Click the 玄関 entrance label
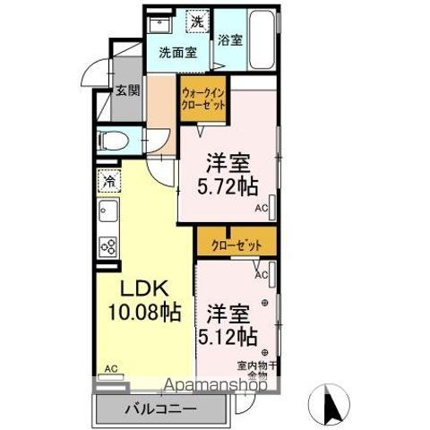(x=126, y=90)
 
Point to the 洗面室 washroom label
(x=177, y=53)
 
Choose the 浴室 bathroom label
(x=230, y=39)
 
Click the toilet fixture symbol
(x=113, y=140)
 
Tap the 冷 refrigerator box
(x=108, y=182)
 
